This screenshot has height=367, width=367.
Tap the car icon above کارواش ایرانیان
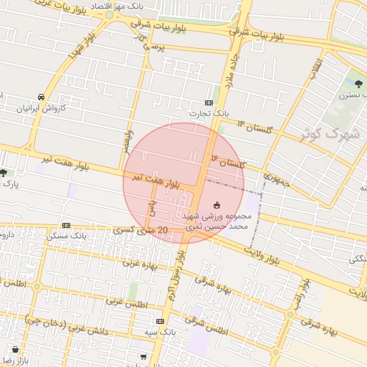tap(42, 97)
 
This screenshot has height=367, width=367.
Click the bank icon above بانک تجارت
tap(209, 103)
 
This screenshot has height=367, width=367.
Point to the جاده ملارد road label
tap(231, 72)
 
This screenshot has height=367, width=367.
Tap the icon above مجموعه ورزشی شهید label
tap(217, 205)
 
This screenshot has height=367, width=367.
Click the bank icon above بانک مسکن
tap(67, 224)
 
